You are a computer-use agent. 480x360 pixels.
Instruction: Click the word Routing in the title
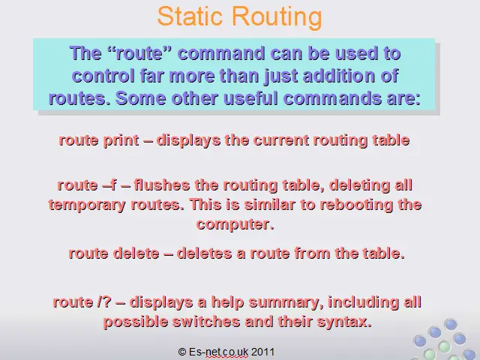click(x=277, y=17)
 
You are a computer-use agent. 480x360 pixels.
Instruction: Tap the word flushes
click(x=162, y=185)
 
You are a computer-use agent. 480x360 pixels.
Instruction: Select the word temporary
click(x=87, y=205)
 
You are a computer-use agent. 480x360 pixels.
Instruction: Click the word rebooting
click(x=356, y=205)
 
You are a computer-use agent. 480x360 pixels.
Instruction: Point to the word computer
click(x=235, y=224)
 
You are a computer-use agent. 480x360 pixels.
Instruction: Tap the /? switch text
click(x=104, y=301)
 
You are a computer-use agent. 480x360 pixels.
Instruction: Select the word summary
click(x=286, y=303)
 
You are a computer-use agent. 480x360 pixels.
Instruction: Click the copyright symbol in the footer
click(x=182, y=352)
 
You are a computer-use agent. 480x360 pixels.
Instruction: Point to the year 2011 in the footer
click(x=262, y=352)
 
